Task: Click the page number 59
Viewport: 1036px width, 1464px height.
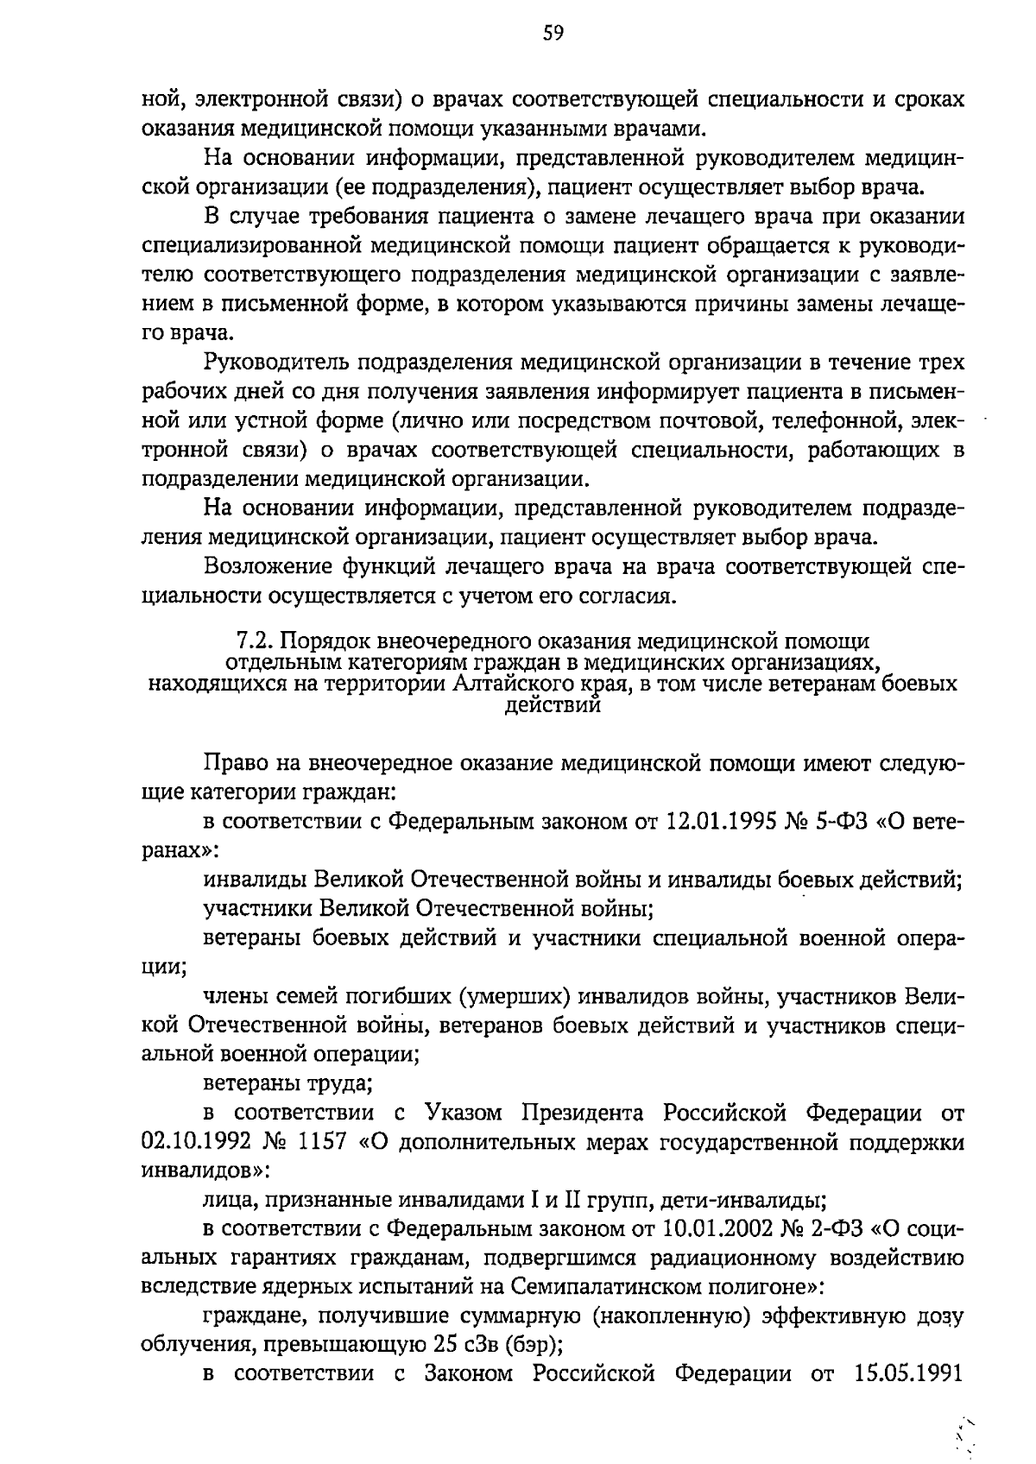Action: tap(553, 34)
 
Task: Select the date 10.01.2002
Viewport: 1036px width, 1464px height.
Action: tap(723, 1227)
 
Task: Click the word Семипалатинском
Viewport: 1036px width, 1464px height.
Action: tap(608, 1286)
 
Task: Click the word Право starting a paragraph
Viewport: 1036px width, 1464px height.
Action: tap(232, 763)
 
